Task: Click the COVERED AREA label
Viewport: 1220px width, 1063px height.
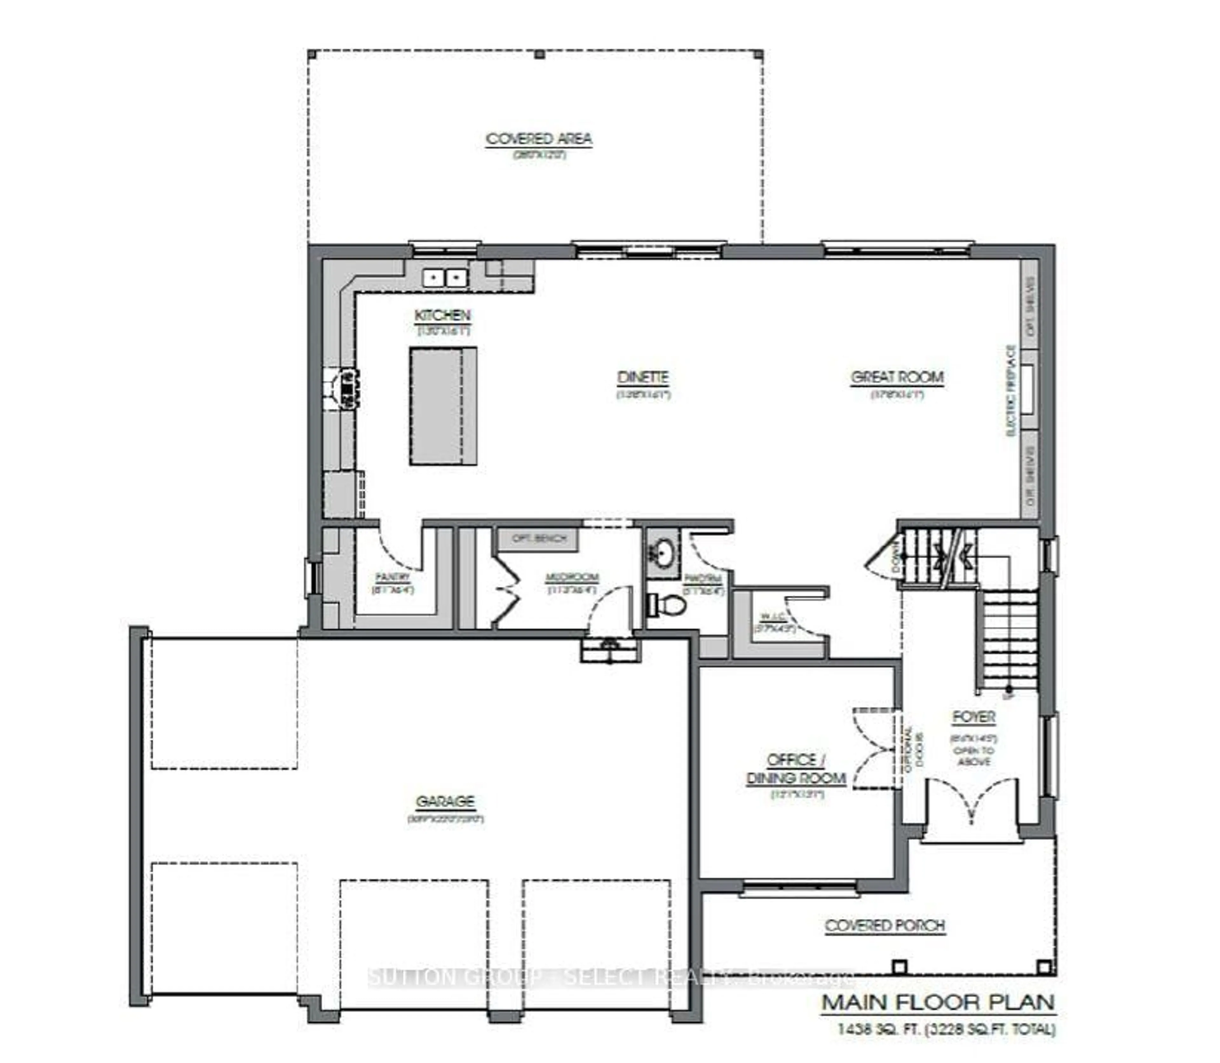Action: (x=539, y=139)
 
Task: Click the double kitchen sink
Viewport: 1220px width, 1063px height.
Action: (x=444, y=277)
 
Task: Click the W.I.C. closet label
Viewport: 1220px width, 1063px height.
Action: (x=774, y=617)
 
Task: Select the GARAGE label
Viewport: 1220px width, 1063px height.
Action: (x=445, y=801)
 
